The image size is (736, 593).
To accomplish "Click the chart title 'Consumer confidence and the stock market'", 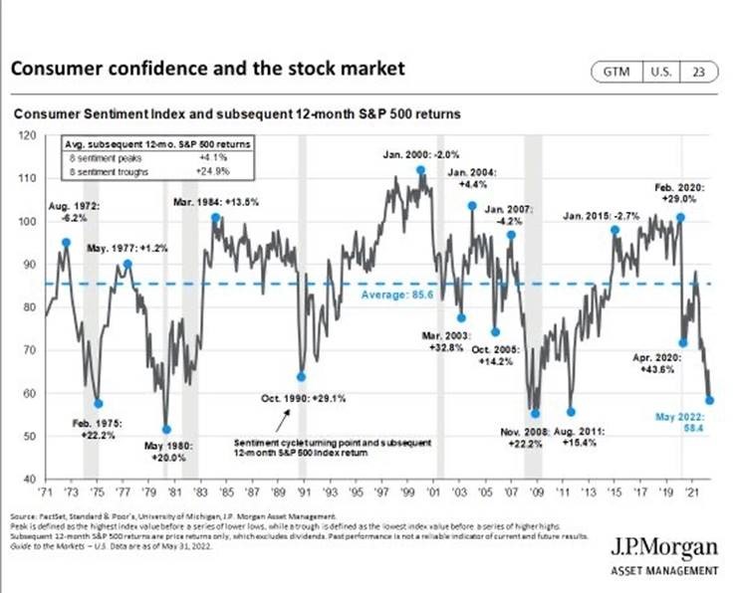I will point(206,69).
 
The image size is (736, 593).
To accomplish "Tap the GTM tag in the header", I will point(613,73).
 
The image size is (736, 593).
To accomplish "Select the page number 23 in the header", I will point(700,73).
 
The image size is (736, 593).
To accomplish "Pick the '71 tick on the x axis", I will point(47,491).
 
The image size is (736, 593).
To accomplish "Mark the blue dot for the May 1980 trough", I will point(166,430).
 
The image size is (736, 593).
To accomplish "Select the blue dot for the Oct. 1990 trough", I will point(301,377).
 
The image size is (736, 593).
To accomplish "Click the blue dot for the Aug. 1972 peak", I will point(66,243).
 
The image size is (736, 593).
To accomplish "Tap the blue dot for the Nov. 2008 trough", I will point(535,413).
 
